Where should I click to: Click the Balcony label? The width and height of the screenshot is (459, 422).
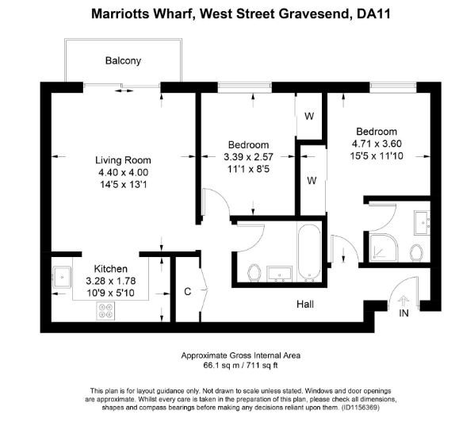(123, 60)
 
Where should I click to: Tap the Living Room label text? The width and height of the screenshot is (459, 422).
(123, 160)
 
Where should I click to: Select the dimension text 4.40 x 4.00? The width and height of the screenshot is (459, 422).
(123, 172)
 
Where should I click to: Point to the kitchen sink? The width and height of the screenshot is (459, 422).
(62, 278)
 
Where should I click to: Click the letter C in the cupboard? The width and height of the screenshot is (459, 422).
(187, 291)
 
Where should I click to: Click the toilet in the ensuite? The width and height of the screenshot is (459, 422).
(416, 253)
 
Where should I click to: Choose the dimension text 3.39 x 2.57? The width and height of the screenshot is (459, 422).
(248, 156)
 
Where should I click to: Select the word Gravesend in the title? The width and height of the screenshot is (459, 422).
(309, 13)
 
